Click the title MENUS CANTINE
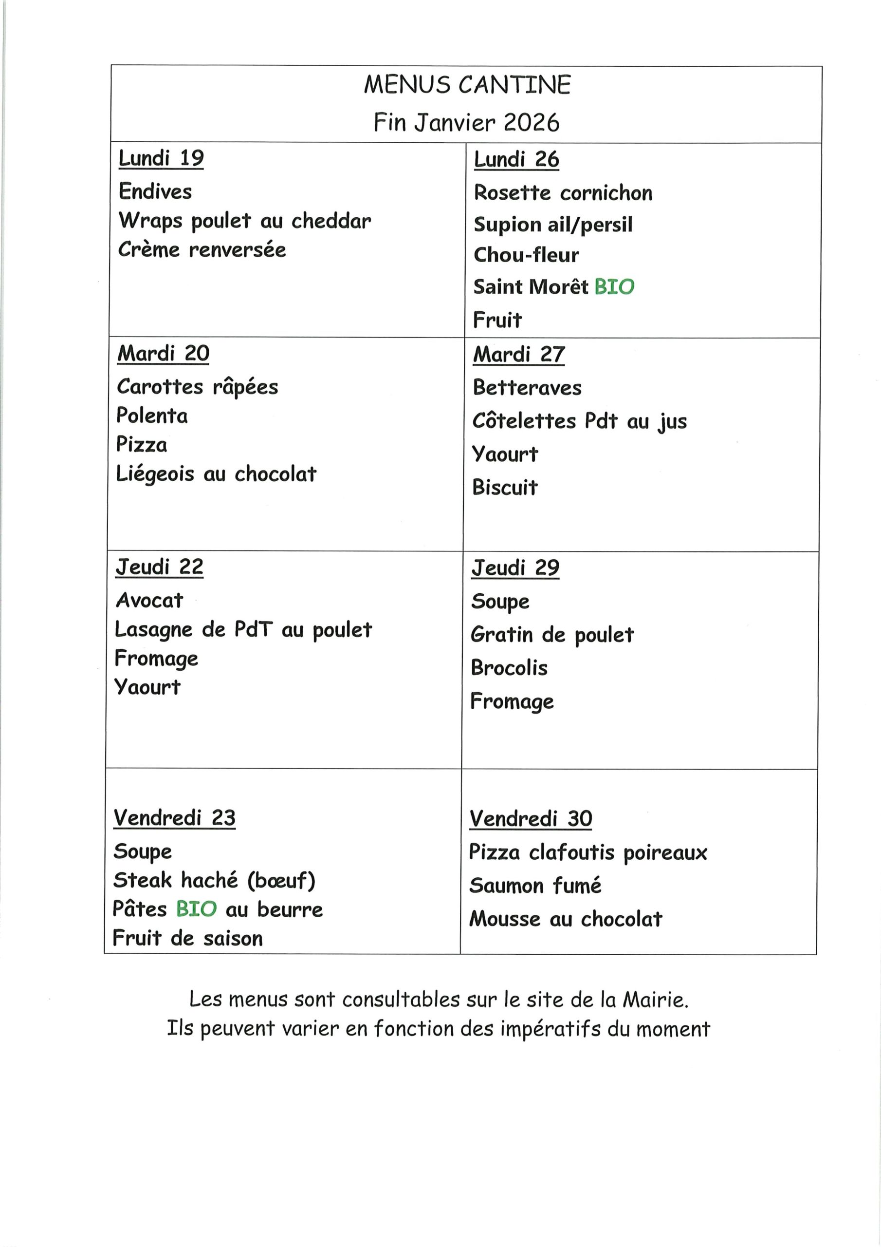click(x=467, y=85)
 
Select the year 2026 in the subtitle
click(x=531, y=123)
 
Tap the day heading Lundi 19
click(x=161, y=159)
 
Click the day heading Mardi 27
click(x=518, y=355)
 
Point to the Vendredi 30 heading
click(x=531, y=818)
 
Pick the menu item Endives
click(x=155, y=192)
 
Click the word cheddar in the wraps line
click(x=331, y=221)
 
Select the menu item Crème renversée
click(x=202, y=250)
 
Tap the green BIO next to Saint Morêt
click(x=614, y=287)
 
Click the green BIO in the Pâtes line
click(x=197, y=909)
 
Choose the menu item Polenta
click(x=152, y=416)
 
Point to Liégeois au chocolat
click(x=216, y=474)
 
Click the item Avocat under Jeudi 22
click(x=149, y=601)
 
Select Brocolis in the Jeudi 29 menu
click(x=509, y=668)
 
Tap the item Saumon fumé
click(x=535, y=886)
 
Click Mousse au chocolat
click(x=566, y=919)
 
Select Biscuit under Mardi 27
click(x=505, y=488)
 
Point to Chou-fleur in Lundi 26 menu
click(x=526, y=255)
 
